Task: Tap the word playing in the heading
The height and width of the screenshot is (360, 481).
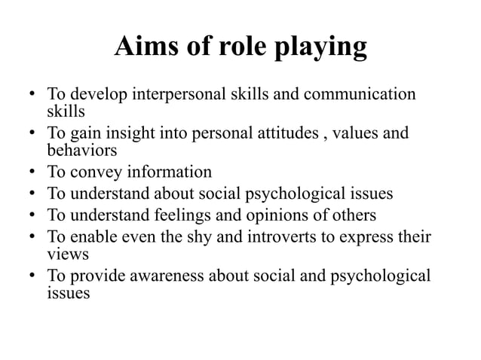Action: (x=321, y=50)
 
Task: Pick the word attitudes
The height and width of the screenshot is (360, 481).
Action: (x=287, y=134)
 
